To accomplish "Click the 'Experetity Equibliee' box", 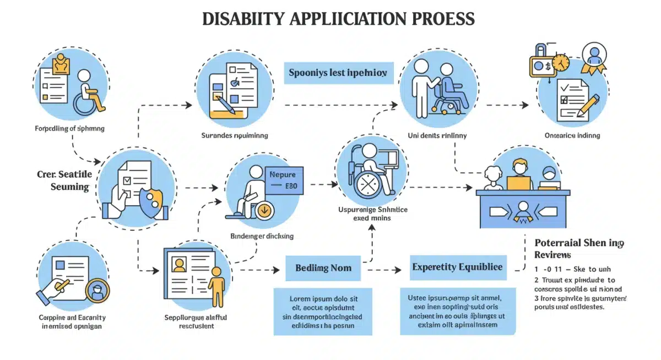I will pos(457,267).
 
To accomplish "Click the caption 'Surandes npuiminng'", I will pos(234,135).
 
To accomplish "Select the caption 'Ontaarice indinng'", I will pos(572,135).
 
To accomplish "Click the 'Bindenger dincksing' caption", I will pos(261,236).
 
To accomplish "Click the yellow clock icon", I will pos(560,63).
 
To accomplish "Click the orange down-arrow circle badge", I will pos(263,210).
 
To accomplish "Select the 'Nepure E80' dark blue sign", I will pos(283,180).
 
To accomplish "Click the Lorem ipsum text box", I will pos(323,310).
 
